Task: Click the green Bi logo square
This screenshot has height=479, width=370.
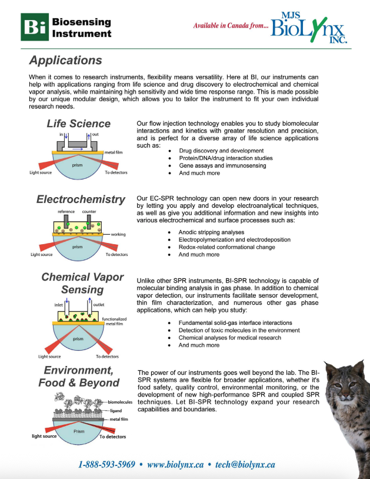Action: click(x=34, y=26)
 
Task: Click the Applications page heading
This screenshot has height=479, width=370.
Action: click(x=65, y=61)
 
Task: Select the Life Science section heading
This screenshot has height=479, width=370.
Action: click(x=78, y=124)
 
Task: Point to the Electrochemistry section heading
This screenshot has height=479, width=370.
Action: click(x=81, y=199)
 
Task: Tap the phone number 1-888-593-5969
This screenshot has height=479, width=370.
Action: click(x=106, y=464)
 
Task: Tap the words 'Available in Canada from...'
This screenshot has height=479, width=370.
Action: click(x=231, y=26)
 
